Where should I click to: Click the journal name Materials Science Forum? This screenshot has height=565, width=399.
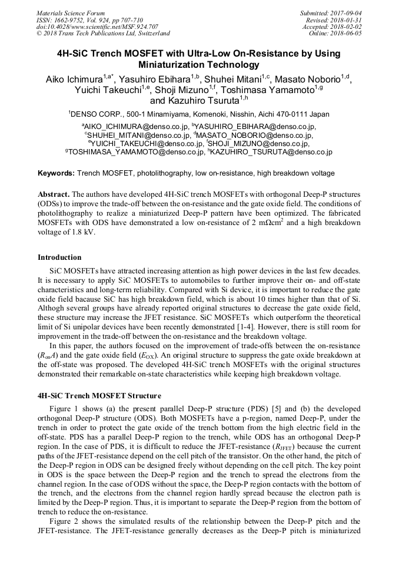click(x=71, y=13)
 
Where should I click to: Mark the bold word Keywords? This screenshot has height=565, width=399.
click(x=56, y=173)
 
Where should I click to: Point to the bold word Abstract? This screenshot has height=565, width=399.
click(x=54, y=194)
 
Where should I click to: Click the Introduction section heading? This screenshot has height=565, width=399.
click(x=59, y=257)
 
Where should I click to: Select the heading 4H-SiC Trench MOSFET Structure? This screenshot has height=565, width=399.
click(x=99, y=395)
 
